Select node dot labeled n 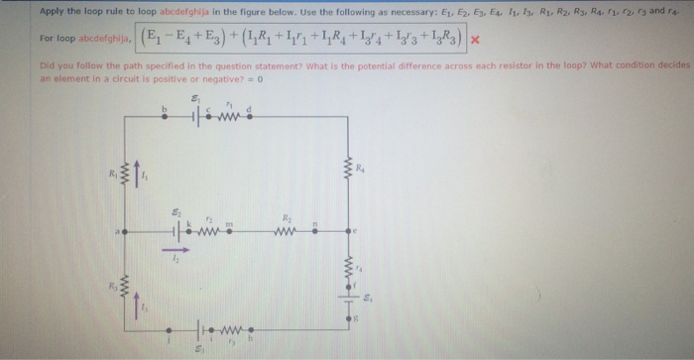tap(314, 233)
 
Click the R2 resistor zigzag tap(284, 233)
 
